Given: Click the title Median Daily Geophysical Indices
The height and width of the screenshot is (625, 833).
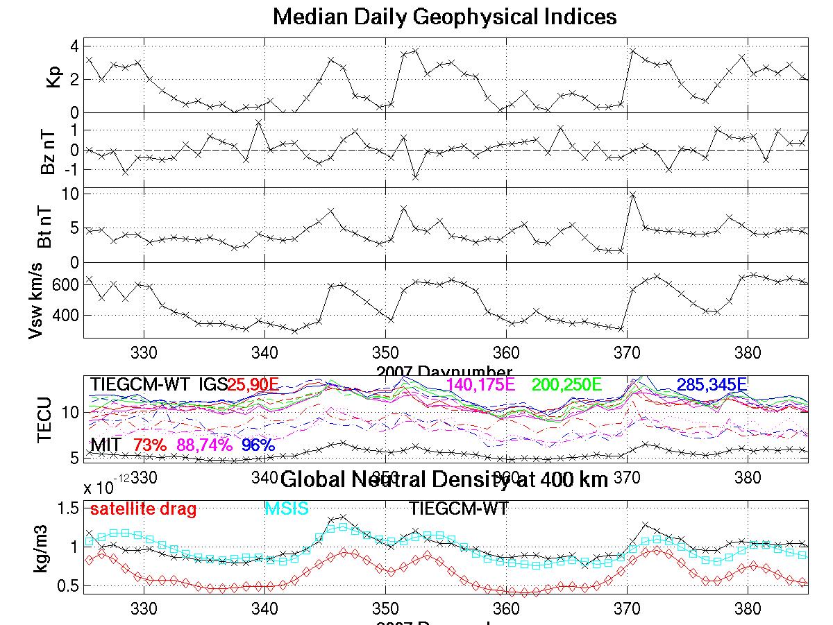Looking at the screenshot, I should pos(444,17).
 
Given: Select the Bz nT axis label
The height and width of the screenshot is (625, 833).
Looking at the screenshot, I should pos(47,150).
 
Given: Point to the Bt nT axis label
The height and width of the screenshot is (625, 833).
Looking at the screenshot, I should pos(47,225).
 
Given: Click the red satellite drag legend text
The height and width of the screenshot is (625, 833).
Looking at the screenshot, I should pos(143,509).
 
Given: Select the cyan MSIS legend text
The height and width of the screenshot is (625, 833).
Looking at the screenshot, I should pos(287,509).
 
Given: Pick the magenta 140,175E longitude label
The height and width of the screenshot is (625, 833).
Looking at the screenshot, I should pos(481,384).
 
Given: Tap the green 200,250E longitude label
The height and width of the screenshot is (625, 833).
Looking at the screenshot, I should pos(566,384).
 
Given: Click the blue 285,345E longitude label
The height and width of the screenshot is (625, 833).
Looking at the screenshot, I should pos(712,384).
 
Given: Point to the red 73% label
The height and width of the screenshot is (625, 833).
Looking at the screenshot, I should pos(150,445).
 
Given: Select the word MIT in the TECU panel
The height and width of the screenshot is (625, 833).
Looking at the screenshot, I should pos(106,445).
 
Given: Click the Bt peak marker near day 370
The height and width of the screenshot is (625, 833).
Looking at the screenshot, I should pos(632,195).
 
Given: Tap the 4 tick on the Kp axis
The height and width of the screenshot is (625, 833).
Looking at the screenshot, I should pos(73,46).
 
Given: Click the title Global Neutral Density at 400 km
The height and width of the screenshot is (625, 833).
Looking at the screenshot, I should pos(444,479).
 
